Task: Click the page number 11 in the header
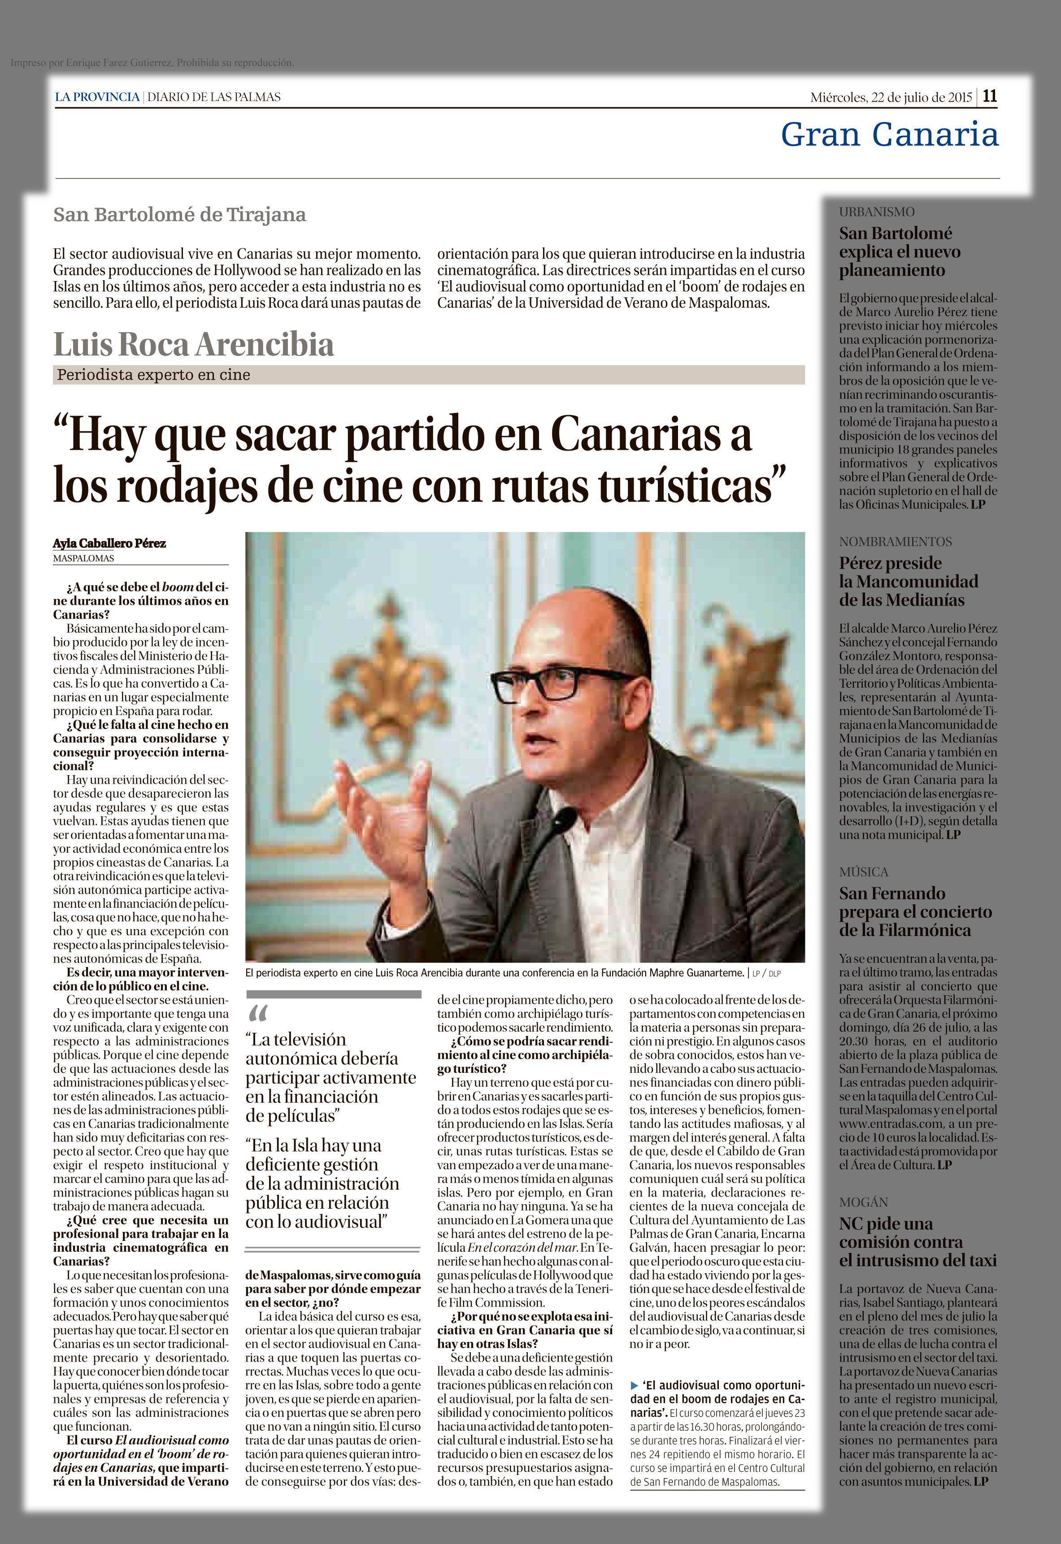[x=990, y=96]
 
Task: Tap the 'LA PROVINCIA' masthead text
[x=97, y=97]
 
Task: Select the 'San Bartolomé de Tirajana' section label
[x=179, y=215]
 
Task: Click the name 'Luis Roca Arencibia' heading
[x=193, y=344]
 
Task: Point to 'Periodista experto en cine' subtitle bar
[x=153, y=375]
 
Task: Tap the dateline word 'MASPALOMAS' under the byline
[x=84, y=558]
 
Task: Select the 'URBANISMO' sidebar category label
[x=876, y=212]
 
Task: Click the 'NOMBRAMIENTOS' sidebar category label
[x=895, y=542]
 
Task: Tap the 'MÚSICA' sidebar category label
[x=864, y=872]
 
